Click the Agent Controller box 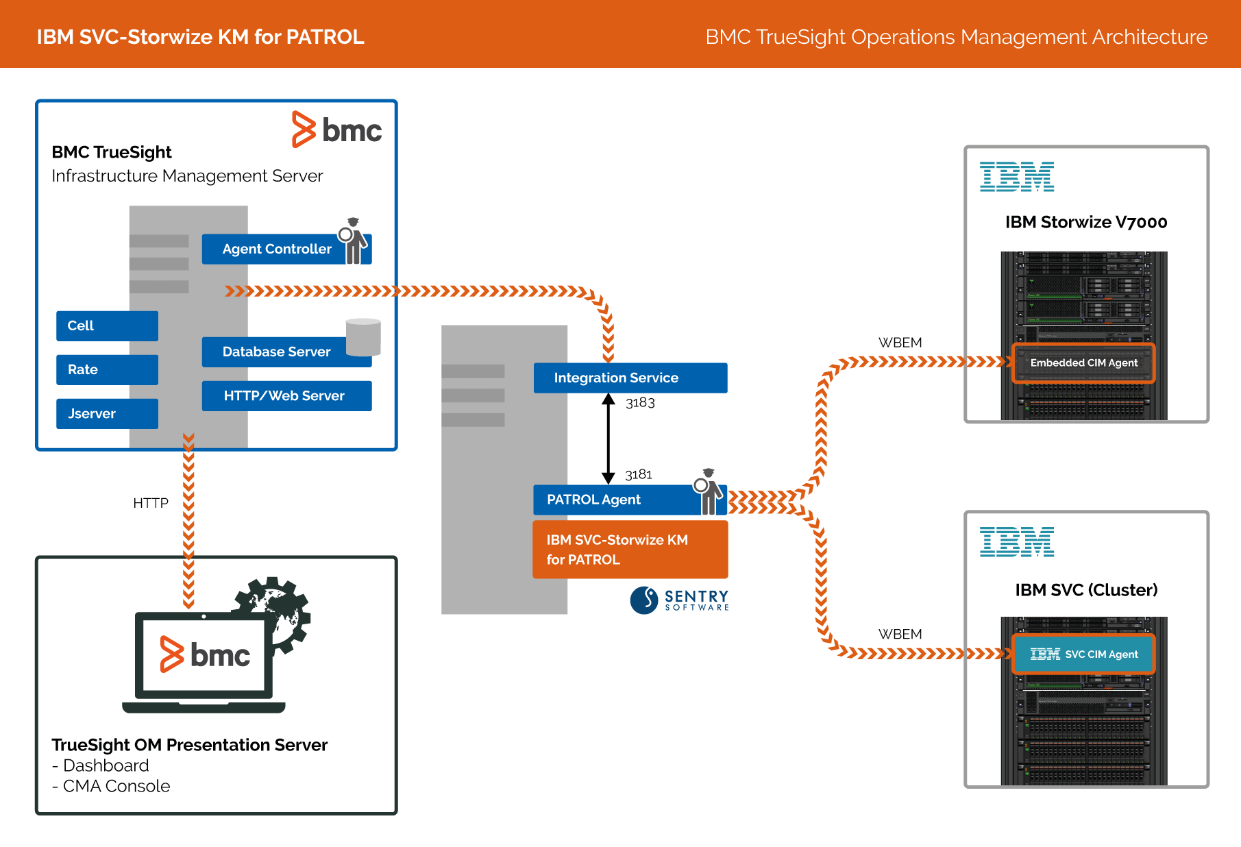point(276,249)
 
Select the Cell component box point(107,326)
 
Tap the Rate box point(107,369)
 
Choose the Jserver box point(107,413)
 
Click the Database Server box point(276,352)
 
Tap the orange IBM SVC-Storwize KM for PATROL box point(630,550)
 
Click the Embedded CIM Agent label point(1083,363)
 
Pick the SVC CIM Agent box point(1083,654)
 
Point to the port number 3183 point(640,403)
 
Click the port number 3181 point(639,474)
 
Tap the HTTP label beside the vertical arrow point(151,503)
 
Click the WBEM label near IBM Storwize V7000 point(900,343)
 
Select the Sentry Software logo point(679,600)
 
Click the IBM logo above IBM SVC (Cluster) point(1017,541)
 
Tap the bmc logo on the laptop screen point(205,655)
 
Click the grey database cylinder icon point(363,337)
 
